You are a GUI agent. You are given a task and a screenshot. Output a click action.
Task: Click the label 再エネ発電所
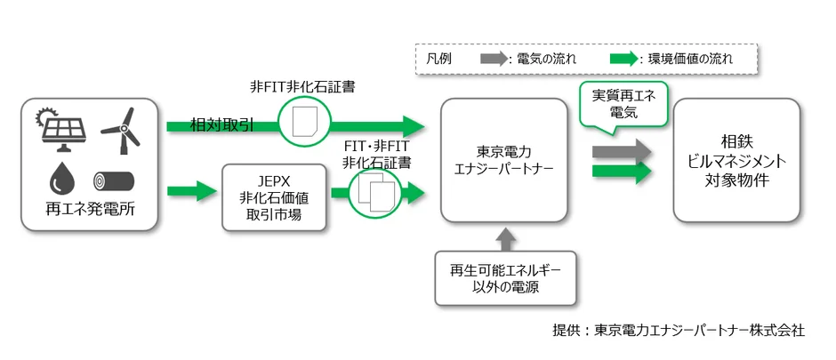click(x=88, y=212)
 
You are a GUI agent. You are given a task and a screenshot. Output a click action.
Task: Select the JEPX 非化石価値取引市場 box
click(x=271, y=196)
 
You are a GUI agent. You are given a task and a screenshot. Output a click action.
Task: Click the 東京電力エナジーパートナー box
click(x=503, y=160)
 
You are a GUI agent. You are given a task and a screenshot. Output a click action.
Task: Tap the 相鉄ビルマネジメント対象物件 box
click(x=735, y=160)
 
